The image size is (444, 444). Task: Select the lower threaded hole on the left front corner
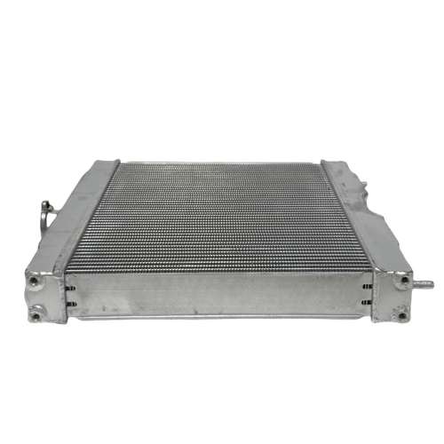(36, 311)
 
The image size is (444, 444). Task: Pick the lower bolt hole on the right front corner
(401, 309)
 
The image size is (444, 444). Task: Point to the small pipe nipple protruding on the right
(425, 285)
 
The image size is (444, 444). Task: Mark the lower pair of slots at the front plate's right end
(367, 306)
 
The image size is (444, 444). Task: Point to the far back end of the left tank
(110, 163)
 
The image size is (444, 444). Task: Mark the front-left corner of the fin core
(75, 271)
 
